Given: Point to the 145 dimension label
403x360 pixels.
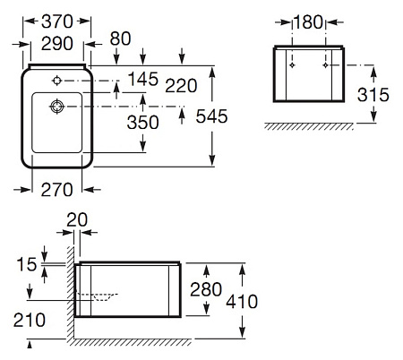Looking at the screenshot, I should click(x=142, y=79).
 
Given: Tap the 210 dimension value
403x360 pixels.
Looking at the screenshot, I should click(x=31, y=319).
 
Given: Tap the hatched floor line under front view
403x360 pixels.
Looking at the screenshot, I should click(x=310, y=126).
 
